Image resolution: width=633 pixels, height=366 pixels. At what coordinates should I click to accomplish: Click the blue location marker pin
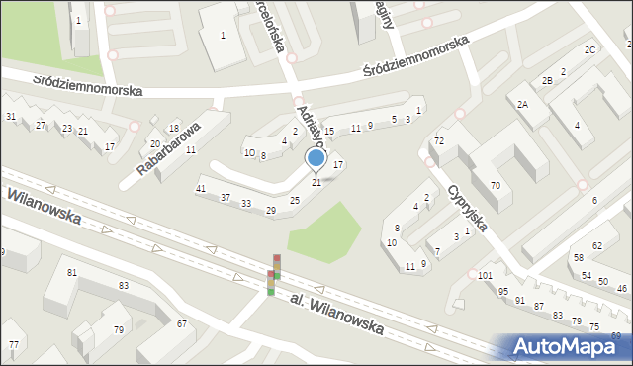pos(316,158)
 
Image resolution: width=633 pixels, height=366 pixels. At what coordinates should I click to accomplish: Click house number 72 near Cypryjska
pos(439,142)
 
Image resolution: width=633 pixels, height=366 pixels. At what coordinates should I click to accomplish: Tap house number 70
pos(495,185)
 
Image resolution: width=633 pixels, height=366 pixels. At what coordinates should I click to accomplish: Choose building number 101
pos(484,275)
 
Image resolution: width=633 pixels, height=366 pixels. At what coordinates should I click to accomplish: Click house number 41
pos(201,188)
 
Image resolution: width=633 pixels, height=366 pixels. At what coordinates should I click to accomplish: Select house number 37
pos(226,198)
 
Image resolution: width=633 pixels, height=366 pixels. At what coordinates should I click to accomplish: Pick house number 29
pos(271,210)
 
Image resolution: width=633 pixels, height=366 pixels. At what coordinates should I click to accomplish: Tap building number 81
pos(71,272)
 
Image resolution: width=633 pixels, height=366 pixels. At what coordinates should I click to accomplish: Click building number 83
pos(123,285)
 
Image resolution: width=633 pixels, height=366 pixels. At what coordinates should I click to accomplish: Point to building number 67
pos(182,324)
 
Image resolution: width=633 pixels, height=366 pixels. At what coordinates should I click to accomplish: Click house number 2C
pos(589,49)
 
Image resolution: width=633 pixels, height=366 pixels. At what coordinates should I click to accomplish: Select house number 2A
pos(522,103)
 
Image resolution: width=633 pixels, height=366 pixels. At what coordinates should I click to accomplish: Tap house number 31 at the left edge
pos(11,117)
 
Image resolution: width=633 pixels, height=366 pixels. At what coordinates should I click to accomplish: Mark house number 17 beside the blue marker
pos(337,163)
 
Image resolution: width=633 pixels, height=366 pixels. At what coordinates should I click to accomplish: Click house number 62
pos(596,244)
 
